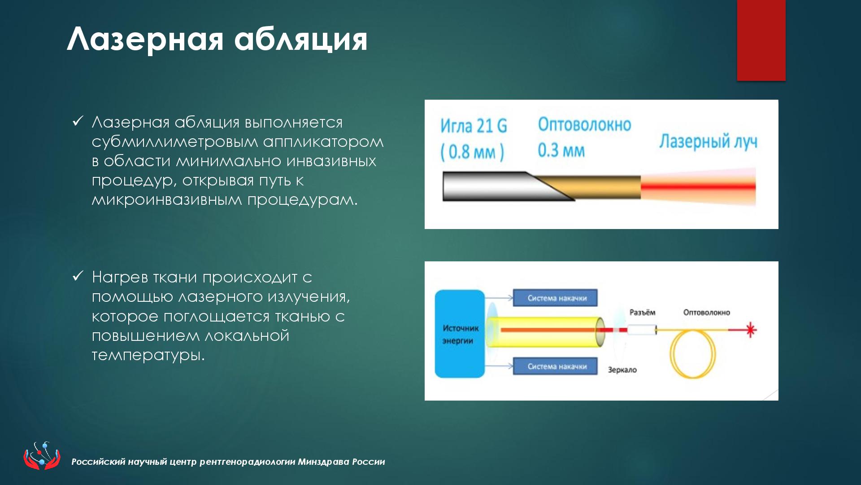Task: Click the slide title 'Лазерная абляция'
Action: pos(217,40)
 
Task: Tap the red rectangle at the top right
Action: pos(761,40)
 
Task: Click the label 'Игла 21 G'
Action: pos(474,126)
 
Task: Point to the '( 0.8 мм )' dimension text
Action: pos(472,152)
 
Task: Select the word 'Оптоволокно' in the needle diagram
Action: pos(584,124)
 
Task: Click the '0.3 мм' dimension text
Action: pos(561,150)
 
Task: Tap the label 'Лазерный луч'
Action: pos(708,141)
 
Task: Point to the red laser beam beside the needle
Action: pos(698,187)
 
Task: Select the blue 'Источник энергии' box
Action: pos(460,334)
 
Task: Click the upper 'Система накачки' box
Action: pos(556,298)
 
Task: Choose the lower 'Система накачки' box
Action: pos(556,366)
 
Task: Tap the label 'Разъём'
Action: pos(642,313)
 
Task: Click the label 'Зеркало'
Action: pos(622,370)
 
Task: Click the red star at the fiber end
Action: pos(750,331)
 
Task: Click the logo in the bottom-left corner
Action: pos(42,455)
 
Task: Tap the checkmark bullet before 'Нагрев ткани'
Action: pos(78,276)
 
